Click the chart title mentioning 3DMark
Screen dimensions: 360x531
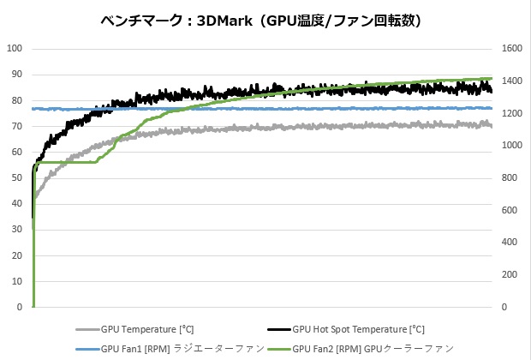(266, 19)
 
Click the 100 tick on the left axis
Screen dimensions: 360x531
(14, 49)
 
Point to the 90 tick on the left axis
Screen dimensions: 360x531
(16, 75)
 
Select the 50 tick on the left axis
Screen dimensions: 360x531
(16, 177)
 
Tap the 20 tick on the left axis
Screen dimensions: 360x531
(16, 255)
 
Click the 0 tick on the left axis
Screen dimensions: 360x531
(19, 307)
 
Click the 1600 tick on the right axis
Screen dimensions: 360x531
(512, 49)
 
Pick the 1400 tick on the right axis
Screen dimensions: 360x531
(512, 81)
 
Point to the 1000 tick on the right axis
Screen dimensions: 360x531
(512, 146)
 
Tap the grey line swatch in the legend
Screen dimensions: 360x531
(87, 328)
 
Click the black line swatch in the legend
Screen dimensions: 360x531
(278, 328)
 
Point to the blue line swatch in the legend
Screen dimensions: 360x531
(87, 348)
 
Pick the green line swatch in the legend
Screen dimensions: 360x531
(278, 348)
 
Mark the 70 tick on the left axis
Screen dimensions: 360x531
(16, 126)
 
